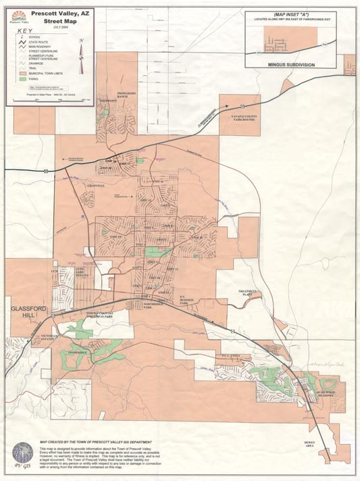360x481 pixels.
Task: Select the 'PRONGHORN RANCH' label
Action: (126, 95)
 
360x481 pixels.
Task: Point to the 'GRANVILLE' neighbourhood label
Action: (97, 185)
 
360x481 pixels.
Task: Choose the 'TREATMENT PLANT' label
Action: (249, 293)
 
